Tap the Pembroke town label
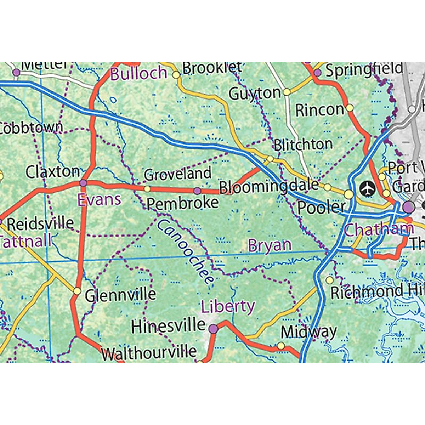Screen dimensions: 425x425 182,203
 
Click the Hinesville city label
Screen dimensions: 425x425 168,326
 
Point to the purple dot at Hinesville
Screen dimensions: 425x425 213,329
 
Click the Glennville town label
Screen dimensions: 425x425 120,295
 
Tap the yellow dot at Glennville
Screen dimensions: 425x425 77,291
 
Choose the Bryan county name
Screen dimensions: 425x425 270,245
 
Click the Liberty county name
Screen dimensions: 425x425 228,306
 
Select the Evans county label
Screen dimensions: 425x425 99,200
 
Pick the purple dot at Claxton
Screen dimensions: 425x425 83,183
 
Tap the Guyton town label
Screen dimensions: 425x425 255,94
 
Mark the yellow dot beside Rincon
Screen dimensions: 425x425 350,107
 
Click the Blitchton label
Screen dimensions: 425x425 303,144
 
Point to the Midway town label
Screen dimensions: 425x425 308,332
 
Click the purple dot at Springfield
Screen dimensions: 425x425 318,72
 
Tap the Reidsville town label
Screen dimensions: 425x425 40,224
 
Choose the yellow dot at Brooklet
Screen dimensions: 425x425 176,75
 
